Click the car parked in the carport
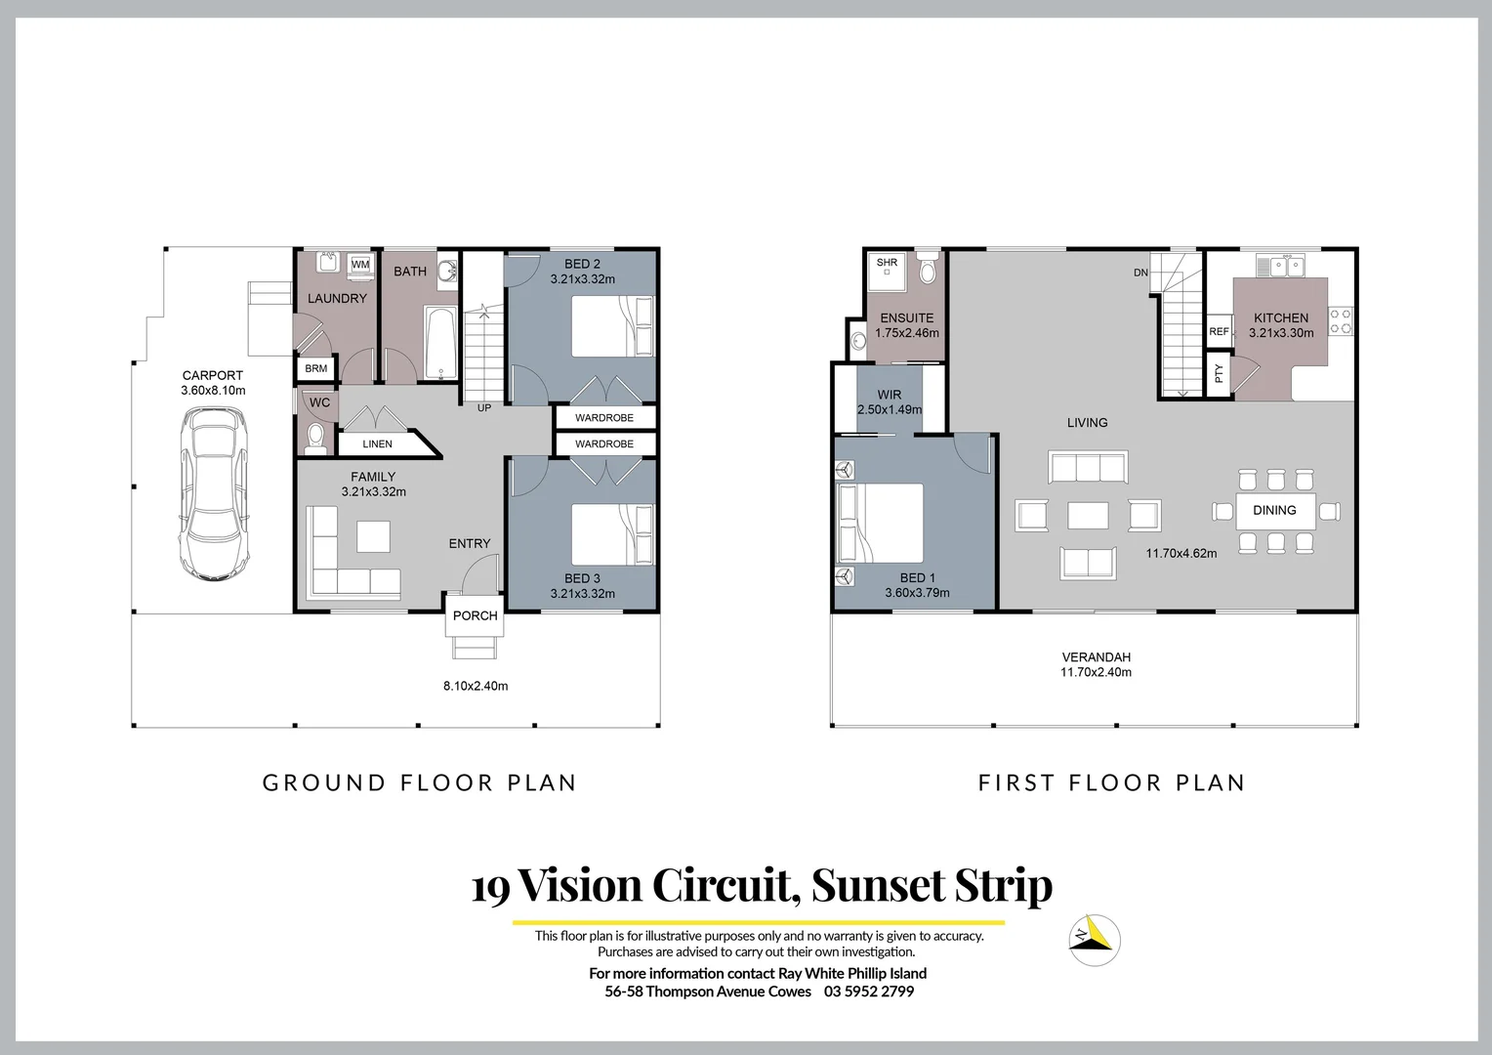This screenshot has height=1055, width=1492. [213, 494]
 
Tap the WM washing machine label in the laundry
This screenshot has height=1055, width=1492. [360, 265]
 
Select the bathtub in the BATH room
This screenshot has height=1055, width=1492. [440, 343]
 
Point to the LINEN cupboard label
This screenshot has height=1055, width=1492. [377, 444]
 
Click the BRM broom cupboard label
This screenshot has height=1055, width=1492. [315, 369]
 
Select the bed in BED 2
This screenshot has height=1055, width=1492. [611, 327]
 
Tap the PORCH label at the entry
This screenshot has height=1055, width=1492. [476, 616]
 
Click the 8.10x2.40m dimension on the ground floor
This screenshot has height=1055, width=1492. [476, 686]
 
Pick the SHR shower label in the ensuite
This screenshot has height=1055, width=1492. [887, 263]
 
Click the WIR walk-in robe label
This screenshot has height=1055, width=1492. [889, 396]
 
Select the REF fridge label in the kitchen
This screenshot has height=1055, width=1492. [1219, 332]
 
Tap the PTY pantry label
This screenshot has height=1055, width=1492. [1219, 373]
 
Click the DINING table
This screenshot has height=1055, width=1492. [1274, 510]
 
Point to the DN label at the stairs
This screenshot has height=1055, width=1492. [1140, 273]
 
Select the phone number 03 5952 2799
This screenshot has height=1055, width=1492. [868, 992]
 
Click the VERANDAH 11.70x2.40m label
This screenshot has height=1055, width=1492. [1096, 664]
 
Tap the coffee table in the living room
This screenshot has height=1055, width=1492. [1088, 515]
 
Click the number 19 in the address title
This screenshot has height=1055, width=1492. [490, 888]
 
